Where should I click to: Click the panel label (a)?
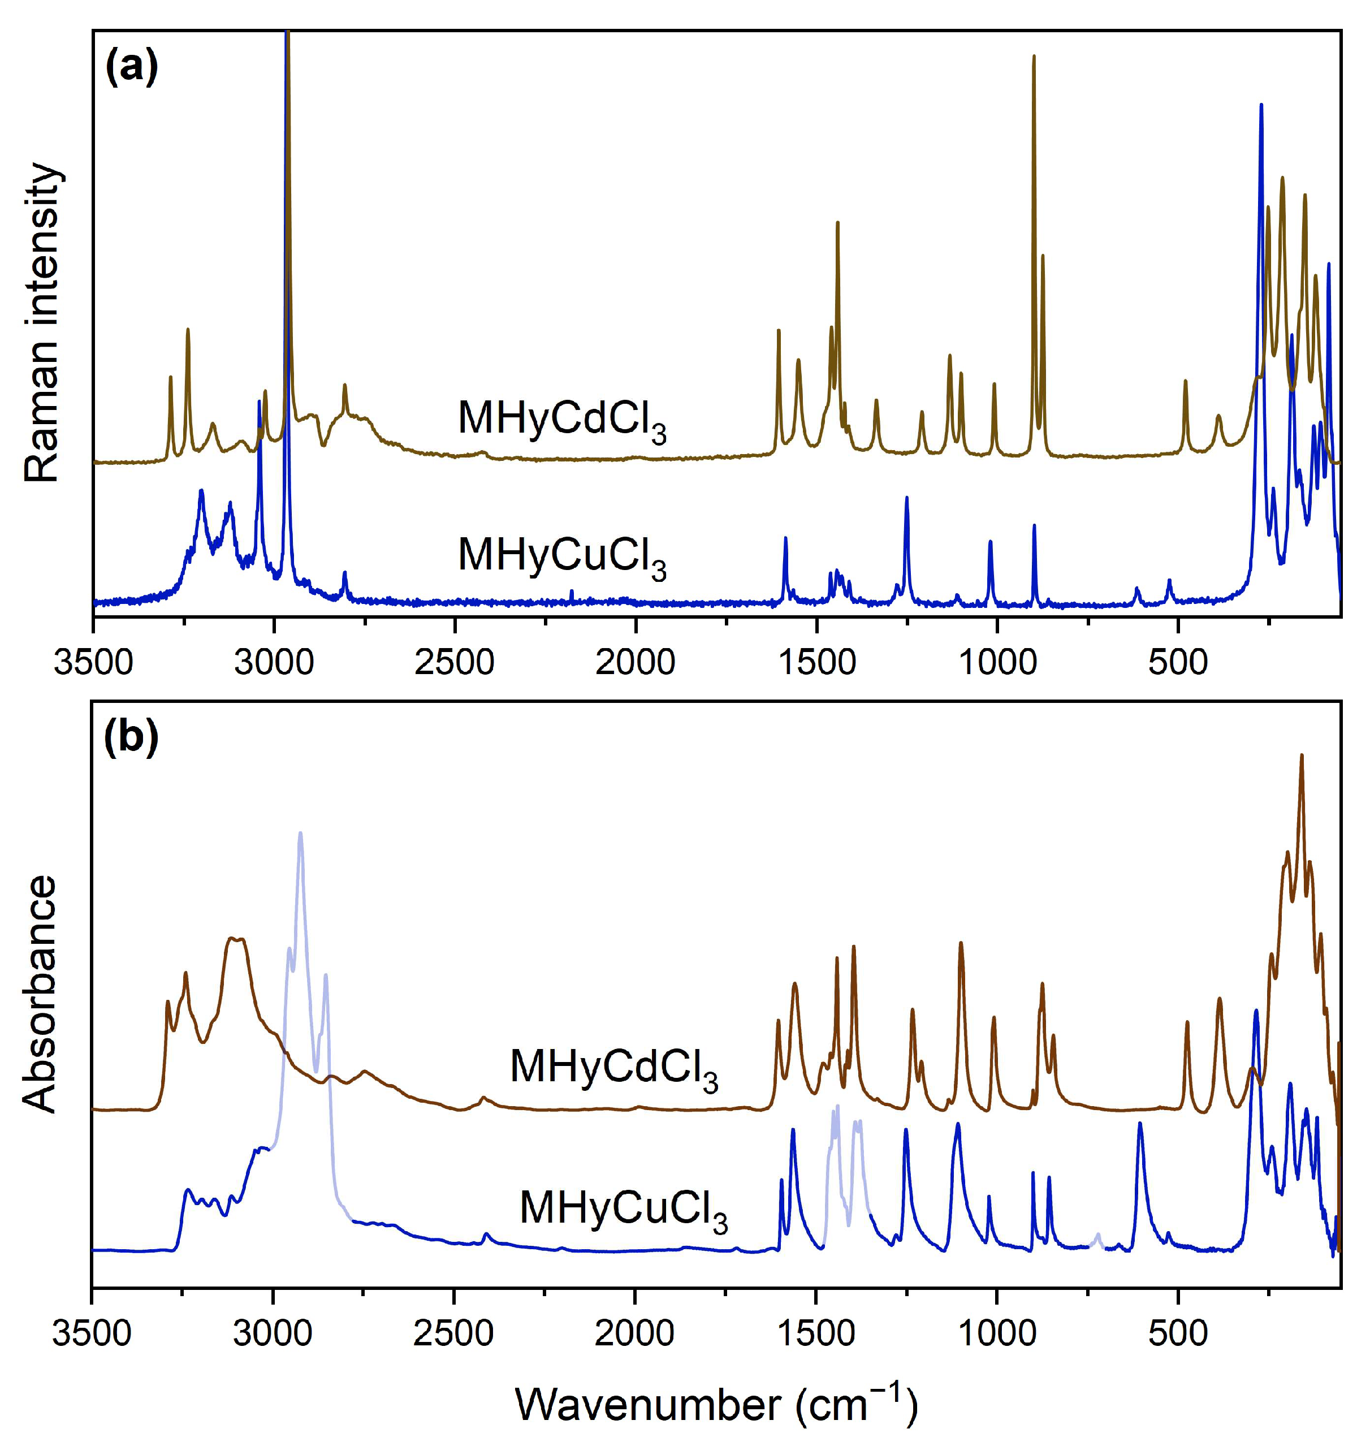131,70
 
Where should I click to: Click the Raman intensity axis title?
42,323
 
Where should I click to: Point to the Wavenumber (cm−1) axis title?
716,1403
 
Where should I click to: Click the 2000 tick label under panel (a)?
636,663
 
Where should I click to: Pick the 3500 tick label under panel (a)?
93,663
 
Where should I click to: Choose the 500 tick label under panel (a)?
1177,663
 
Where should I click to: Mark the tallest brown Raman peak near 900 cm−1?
1034,58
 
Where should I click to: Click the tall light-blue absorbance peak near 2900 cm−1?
300,835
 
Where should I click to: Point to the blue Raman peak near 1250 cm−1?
906,499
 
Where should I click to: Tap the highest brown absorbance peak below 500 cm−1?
1300,757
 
